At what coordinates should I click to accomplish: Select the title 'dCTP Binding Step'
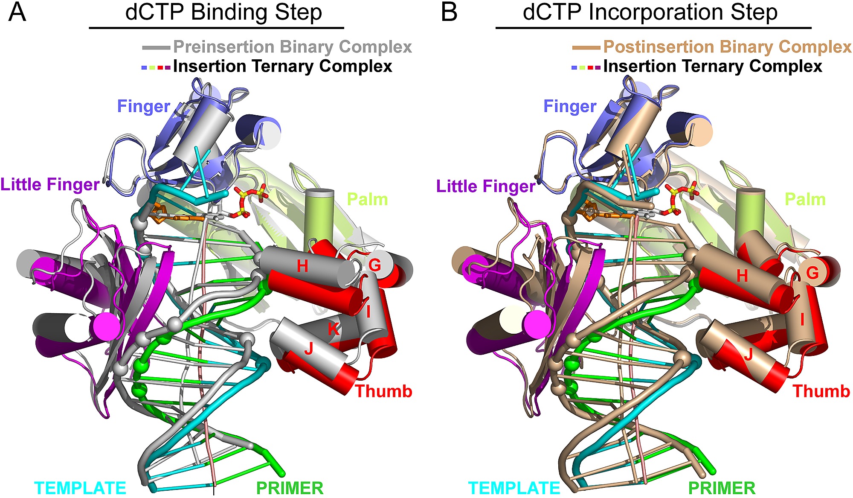coord(223,12)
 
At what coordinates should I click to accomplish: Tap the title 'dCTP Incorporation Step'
coord(650,12)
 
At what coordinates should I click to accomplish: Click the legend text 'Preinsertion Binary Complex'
coord(293,47)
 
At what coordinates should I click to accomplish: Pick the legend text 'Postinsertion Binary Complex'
coord(728,47)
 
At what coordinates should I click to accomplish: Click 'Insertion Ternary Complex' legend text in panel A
coord(283,67)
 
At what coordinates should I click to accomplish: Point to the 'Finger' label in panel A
coord(143,107)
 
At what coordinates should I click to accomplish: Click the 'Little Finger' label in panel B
coord(486,186)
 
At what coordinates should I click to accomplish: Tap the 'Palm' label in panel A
coord(368,199)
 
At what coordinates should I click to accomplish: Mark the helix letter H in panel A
coord(302,266)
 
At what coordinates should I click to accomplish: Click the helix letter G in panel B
coord(812,273)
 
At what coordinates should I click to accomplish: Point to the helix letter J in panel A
coord(309,349)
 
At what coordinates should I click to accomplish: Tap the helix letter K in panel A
coord(333,329)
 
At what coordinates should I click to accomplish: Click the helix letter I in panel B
coord(802,319)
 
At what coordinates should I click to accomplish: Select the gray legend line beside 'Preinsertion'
coord(156,47)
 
